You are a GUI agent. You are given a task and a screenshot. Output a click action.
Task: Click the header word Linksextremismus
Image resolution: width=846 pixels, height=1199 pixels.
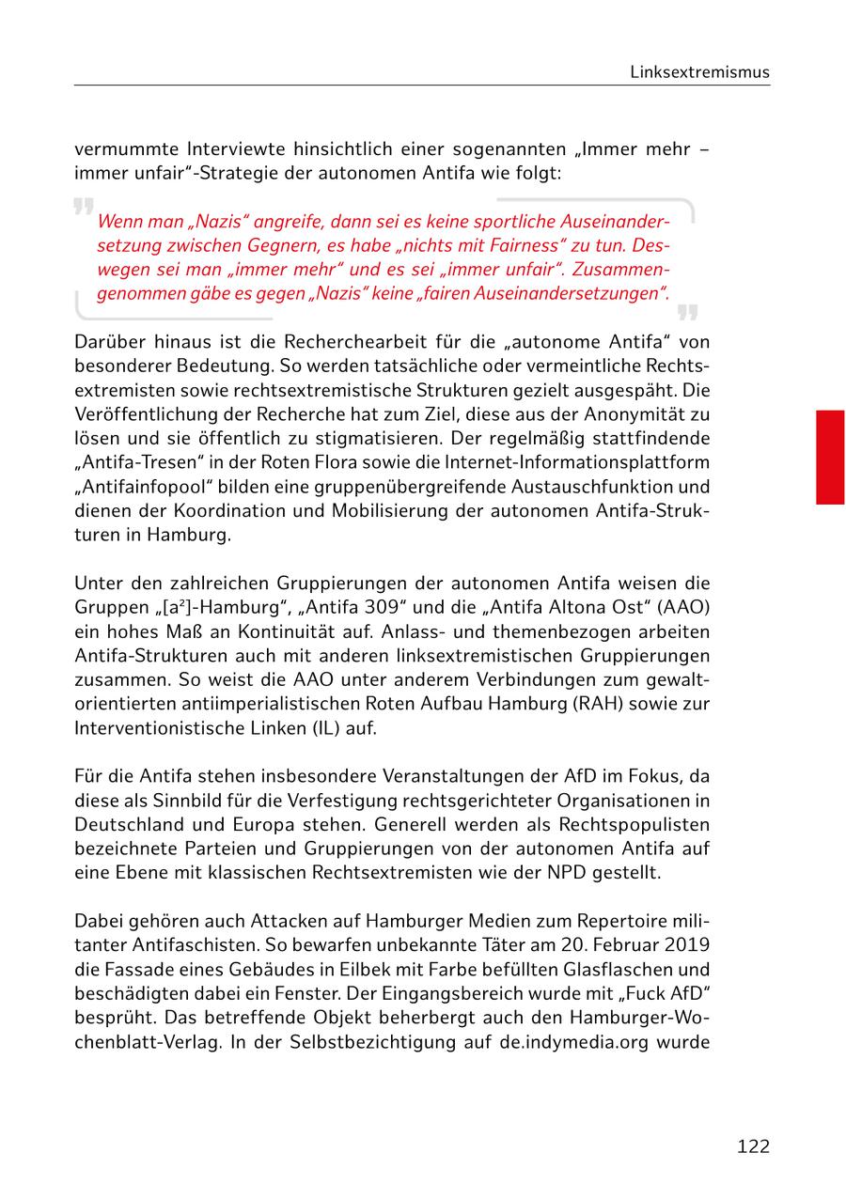point(700,72)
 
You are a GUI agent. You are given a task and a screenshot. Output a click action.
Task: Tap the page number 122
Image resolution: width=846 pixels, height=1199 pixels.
point(753,1145)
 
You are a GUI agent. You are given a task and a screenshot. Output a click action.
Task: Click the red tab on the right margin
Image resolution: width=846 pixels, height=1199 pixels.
point(829,457)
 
